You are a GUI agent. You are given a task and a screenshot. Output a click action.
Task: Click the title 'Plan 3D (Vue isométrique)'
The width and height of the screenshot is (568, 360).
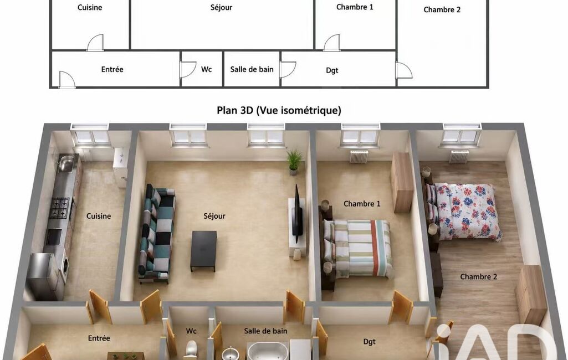(279, 110)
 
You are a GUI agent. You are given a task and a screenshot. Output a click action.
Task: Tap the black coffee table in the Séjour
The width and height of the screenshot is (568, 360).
(203, 251)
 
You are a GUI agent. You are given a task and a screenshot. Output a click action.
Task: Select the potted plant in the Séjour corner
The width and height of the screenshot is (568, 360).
(294, 162)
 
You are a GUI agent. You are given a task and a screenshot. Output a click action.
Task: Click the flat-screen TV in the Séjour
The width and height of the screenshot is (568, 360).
(298, 214)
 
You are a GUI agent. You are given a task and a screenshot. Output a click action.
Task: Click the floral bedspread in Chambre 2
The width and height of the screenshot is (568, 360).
(467, 210)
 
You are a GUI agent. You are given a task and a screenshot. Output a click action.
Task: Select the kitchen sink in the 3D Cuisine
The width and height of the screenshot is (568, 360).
(66, 163)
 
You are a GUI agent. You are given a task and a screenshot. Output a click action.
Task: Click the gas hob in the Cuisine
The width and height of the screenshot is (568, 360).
(59, 208)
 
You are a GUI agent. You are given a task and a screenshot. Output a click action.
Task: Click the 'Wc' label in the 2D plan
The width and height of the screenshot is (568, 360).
(207, 69)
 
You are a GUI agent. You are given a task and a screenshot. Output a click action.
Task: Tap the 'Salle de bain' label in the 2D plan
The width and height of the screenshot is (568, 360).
(252, 69)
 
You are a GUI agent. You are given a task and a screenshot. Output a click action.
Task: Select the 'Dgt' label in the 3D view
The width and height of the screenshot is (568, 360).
(370, 342)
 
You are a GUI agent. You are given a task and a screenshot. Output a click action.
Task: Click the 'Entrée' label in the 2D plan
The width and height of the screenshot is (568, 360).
(112, 69)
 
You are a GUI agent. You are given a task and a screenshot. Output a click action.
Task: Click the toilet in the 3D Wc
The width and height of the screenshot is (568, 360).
(191, 350)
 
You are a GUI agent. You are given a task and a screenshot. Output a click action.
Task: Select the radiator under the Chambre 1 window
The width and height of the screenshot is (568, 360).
(359, 156)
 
